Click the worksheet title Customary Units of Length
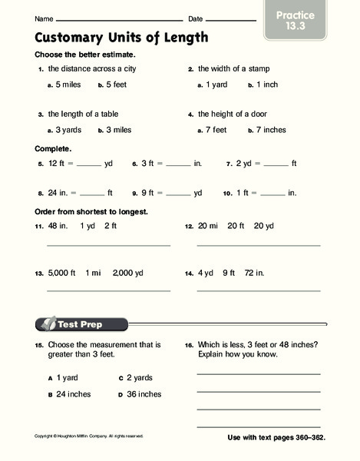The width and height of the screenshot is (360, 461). pyautogui.click(x=121, y=37)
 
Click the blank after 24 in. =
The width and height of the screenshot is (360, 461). pyautogui.click(x=91, y=194)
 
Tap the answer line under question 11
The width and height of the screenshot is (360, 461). pyautogui.click(x=108, y=245)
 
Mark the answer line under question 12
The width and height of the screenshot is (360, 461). pyautogui.click(x=259, y=245)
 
